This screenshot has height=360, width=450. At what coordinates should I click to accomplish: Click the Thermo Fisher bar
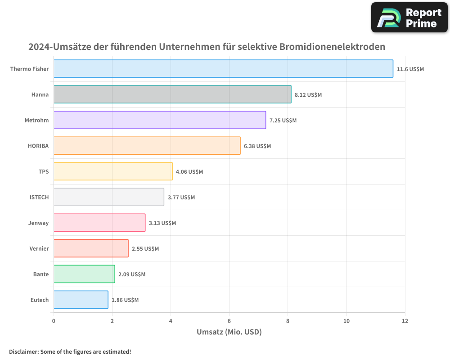click(x=223, y=69)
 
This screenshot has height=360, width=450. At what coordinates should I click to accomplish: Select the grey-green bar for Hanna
click(x=172, y=94)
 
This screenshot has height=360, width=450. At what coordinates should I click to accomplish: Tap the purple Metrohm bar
click(x=160, y=120)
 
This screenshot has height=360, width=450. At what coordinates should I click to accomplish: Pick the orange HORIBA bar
click(x=147, y=146)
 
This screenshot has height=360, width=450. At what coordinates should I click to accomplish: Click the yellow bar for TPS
click(x=113, y=171)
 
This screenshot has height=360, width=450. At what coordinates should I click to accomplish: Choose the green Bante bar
click(x=84, y=274)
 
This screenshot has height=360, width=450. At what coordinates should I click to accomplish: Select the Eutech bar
click(x=81, y=300)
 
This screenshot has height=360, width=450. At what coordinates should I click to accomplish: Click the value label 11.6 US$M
click(x=410, y=69)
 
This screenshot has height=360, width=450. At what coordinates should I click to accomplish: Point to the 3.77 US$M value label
click(x=181, y=198)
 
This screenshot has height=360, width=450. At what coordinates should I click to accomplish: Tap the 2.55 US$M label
click(x=145, y=249)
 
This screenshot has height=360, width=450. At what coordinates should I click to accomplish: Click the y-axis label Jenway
click(x=38, y=223)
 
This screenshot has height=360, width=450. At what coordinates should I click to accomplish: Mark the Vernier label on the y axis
click(x=39, y=249)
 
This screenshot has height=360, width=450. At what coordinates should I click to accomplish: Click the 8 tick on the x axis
click(x=288, y=321)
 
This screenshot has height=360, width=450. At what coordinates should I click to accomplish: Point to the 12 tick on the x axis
click(x=405, y=321)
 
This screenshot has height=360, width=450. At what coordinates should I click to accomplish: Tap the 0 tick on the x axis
click(x=54, y=321)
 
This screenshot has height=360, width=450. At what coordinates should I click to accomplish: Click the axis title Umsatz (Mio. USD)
click(x=229, y=332)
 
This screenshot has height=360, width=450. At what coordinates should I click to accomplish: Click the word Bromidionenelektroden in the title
click(x=332, y=47)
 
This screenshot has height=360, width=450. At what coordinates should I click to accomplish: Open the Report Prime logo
click(x=409, y=18)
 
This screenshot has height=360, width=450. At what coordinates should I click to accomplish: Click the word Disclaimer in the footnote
click(x=23, y=351)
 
